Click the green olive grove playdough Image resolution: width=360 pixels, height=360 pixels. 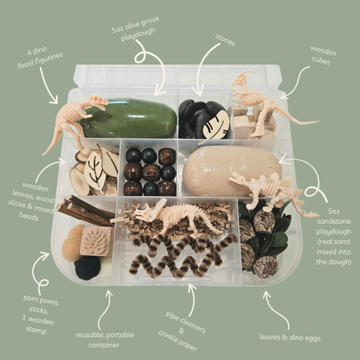(128, 118)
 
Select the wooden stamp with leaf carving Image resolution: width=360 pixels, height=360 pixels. (97, 241)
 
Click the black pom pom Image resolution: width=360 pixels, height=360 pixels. (88, 267)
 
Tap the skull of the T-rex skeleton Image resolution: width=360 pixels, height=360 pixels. (99, 101)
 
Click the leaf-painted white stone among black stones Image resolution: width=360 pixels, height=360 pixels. (217, 125)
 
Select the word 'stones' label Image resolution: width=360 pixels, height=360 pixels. (225, 40)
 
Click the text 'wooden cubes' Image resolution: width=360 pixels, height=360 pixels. (323, 55)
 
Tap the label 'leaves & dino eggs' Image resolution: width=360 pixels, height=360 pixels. (290, 338)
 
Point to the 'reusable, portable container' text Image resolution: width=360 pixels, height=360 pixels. (105, 340)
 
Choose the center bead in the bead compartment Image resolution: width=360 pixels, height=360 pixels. (151, 172)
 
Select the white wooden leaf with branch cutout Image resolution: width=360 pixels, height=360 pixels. (94, 170)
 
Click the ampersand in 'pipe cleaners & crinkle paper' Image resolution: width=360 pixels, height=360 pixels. (181, 331)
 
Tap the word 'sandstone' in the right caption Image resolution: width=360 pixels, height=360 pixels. (334, 222)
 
